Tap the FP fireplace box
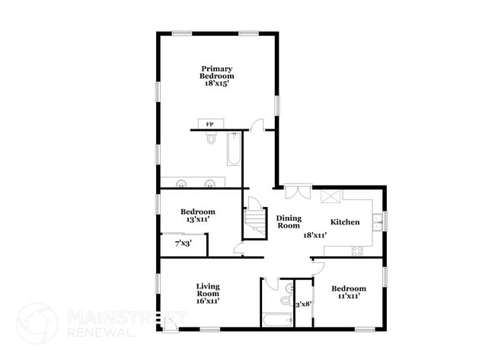(x=209, y=123)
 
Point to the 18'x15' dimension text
(x=217, y=84)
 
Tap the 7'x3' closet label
(x=183, y=244)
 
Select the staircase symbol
(x=254, y=218)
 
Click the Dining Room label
(x=289, y=221)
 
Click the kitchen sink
(x=377, y=221)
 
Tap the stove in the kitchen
(x=354, y=250)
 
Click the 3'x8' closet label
(x=303, y=304)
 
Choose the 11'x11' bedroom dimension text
(x=349, y=297)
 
